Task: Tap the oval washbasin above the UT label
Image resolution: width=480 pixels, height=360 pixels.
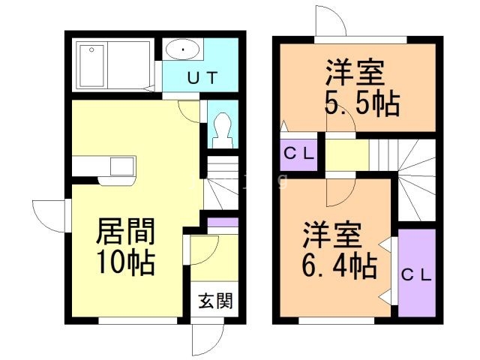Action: (x=182, y=50)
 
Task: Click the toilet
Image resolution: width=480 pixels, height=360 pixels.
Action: (x=222, y=127)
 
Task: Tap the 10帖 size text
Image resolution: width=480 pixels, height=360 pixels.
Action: (x=125, y=263)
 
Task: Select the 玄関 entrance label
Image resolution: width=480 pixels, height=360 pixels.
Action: (x=215, y=301)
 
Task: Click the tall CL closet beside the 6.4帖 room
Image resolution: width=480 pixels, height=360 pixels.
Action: (x=416, y=274)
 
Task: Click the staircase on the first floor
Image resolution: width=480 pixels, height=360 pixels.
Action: (x=222, y=184)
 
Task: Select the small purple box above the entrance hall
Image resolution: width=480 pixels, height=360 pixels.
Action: (x=223, y=223)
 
